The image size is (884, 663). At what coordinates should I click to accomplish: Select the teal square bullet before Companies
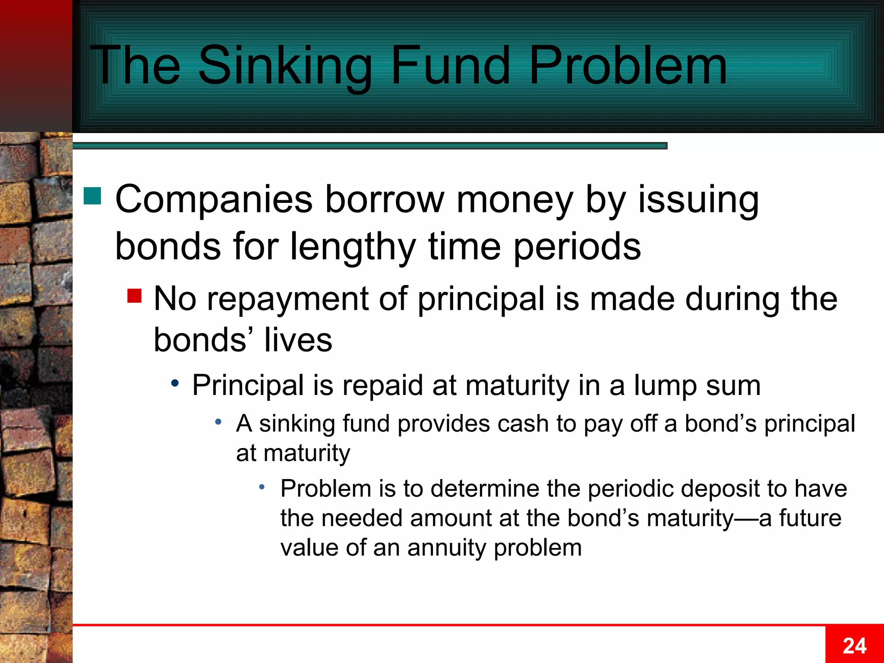(x=92, y=196)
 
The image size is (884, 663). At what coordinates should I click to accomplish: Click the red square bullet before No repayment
(x=135, y=296)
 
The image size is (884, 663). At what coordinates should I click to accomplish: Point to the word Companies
(x=214, y=199)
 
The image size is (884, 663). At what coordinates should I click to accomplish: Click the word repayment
(x=287, y=299)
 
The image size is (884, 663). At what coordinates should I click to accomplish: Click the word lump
(x=665, y=385)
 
